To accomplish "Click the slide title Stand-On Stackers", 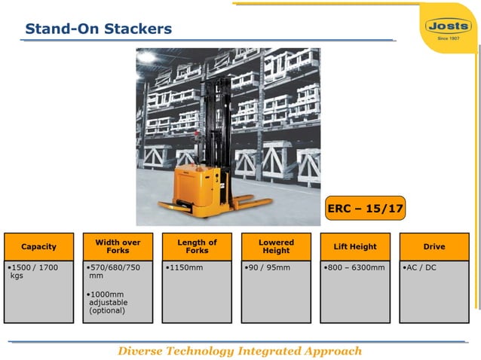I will point(99,29).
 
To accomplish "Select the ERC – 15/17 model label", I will point(366,209).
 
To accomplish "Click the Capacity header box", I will point(38,246).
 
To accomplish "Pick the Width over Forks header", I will point(118,246).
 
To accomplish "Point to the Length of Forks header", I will point(197,246).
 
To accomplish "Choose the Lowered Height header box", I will point(276,246).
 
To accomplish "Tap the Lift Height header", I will point(355,246).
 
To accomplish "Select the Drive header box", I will point(434,246).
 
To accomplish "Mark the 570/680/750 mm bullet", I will point(114,272).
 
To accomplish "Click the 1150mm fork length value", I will point(185,267).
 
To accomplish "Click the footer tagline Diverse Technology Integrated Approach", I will point(240,351).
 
